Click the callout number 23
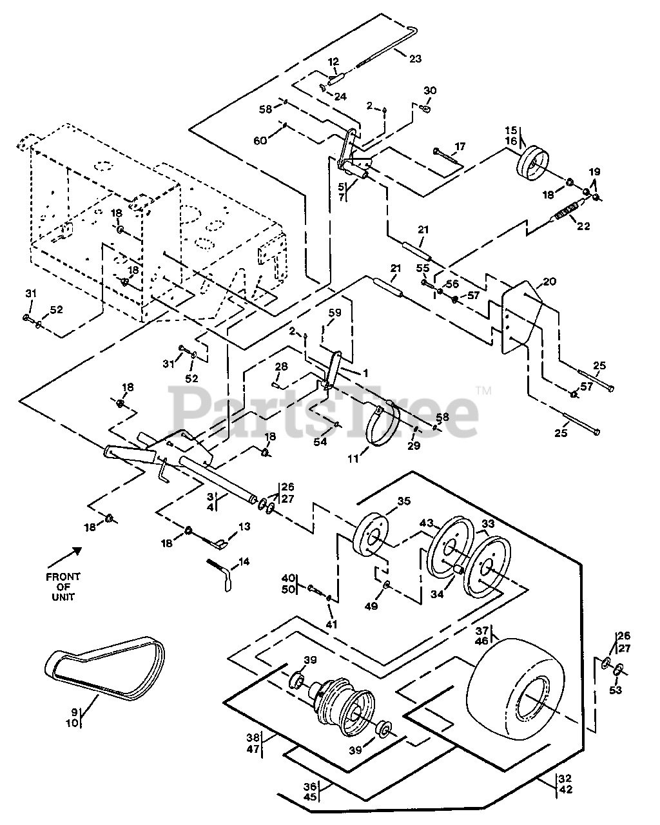pos(416,59)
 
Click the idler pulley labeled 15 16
pos(532,164)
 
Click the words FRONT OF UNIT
pos(63,587)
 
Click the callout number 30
pos(430,91)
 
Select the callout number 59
pos(335,313)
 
